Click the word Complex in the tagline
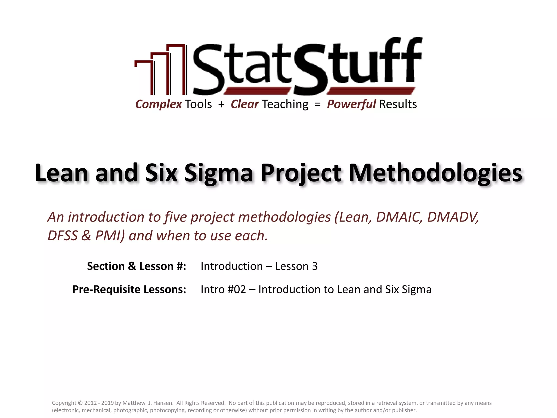[159, 104]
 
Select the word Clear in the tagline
[245, 104]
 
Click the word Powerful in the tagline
[351, 104]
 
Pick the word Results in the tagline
[398, 104]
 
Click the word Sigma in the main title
[219, 173]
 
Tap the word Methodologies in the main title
[435, 173]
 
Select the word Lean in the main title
[61, 173]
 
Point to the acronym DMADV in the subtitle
[453, 217]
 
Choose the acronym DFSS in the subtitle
[63, 236]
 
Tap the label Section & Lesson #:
[137, 266]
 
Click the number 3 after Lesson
[315, 266]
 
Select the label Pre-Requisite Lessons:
[129, 289]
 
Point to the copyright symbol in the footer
[80, 403]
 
